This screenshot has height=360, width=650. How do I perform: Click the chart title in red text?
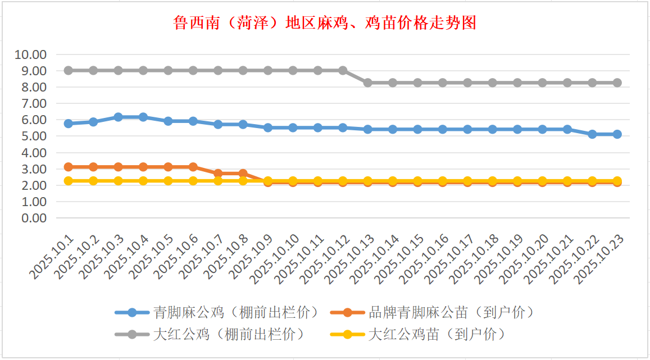point(325,23)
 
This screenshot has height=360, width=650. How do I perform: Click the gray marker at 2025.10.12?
point(343,71)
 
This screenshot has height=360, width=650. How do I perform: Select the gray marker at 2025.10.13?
point(368,83)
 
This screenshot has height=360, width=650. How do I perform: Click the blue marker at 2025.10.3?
point(119,117)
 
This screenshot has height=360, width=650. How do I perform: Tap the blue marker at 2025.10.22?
point(592,134)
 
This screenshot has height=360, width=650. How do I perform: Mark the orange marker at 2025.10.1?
point(69,167)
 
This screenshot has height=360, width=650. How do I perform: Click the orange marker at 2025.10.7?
point(218,174)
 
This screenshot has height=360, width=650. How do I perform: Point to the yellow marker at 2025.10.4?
point(143,181)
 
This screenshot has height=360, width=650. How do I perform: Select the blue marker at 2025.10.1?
point(69,124)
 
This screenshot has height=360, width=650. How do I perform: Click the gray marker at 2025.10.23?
point(617,83)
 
